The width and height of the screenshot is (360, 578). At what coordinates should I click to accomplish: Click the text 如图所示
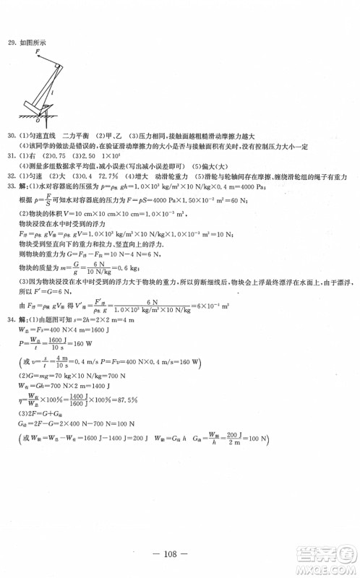[32, 42]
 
